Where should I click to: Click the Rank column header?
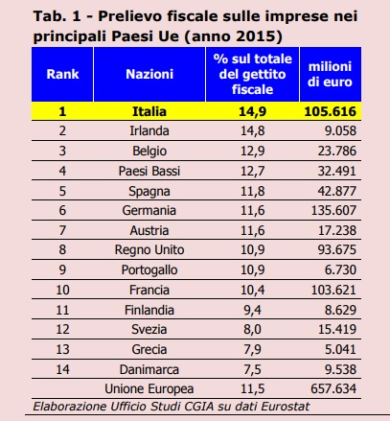point(62,74)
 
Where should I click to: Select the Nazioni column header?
point(149,74)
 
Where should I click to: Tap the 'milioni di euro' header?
point(330,74)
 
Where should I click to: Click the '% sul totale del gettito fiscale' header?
point(252,74)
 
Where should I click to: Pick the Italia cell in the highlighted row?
point(149,111)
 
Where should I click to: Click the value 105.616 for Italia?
point(330,111)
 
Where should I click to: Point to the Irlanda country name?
point(149,130)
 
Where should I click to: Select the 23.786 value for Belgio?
point(336,151)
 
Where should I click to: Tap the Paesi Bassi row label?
point(149,171)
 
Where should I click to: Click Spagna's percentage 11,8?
point(252,191)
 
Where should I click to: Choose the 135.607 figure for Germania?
point(333,210)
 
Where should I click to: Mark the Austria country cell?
point(149,230)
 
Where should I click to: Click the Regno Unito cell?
point(149,249)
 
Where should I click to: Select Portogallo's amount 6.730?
point(340,269)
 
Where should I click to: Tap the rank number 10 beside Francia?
point(62,290)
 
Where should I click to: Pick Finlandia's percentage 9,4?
point(252,310)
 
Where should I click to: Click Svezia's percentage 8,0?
point(252,329)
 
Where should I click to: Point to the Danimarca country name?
point(149,369)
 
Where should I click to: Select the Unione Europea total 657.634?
point(333,389)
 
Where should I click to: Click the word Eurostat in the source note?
point(286,407)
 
